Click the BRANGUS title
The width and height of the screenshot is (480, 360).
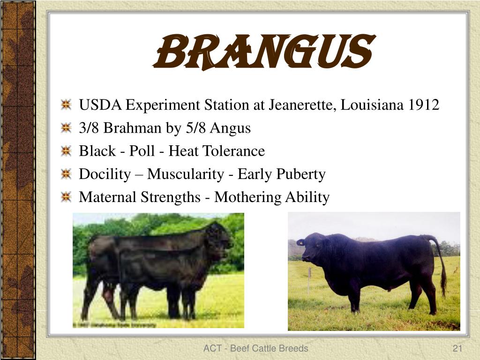[264, 52]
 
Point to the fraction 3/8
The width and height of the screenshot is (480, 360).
[89, 128]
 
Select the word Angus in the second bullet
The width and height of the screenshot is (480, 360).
[230, 128]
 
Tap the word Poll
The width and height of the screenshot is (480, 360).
[142, 151]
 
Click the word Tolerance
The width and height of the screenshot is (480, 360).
[234, 151]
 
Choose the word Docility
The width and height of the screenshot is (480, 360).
[105, 174]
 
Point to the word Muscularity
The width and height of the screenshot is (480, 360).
[186, 174]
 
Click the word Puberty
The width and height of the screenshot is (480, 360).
[300, 174]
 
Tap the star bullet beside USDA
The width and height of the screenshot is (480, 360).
[66, 105]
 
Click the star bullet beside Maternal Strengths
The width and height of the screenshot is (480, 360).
[66, 197]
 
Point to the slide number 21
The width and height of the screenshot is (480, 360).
[457, 348]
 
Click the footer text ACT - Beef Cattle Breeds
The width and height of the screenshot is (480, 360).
[255, 348]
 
